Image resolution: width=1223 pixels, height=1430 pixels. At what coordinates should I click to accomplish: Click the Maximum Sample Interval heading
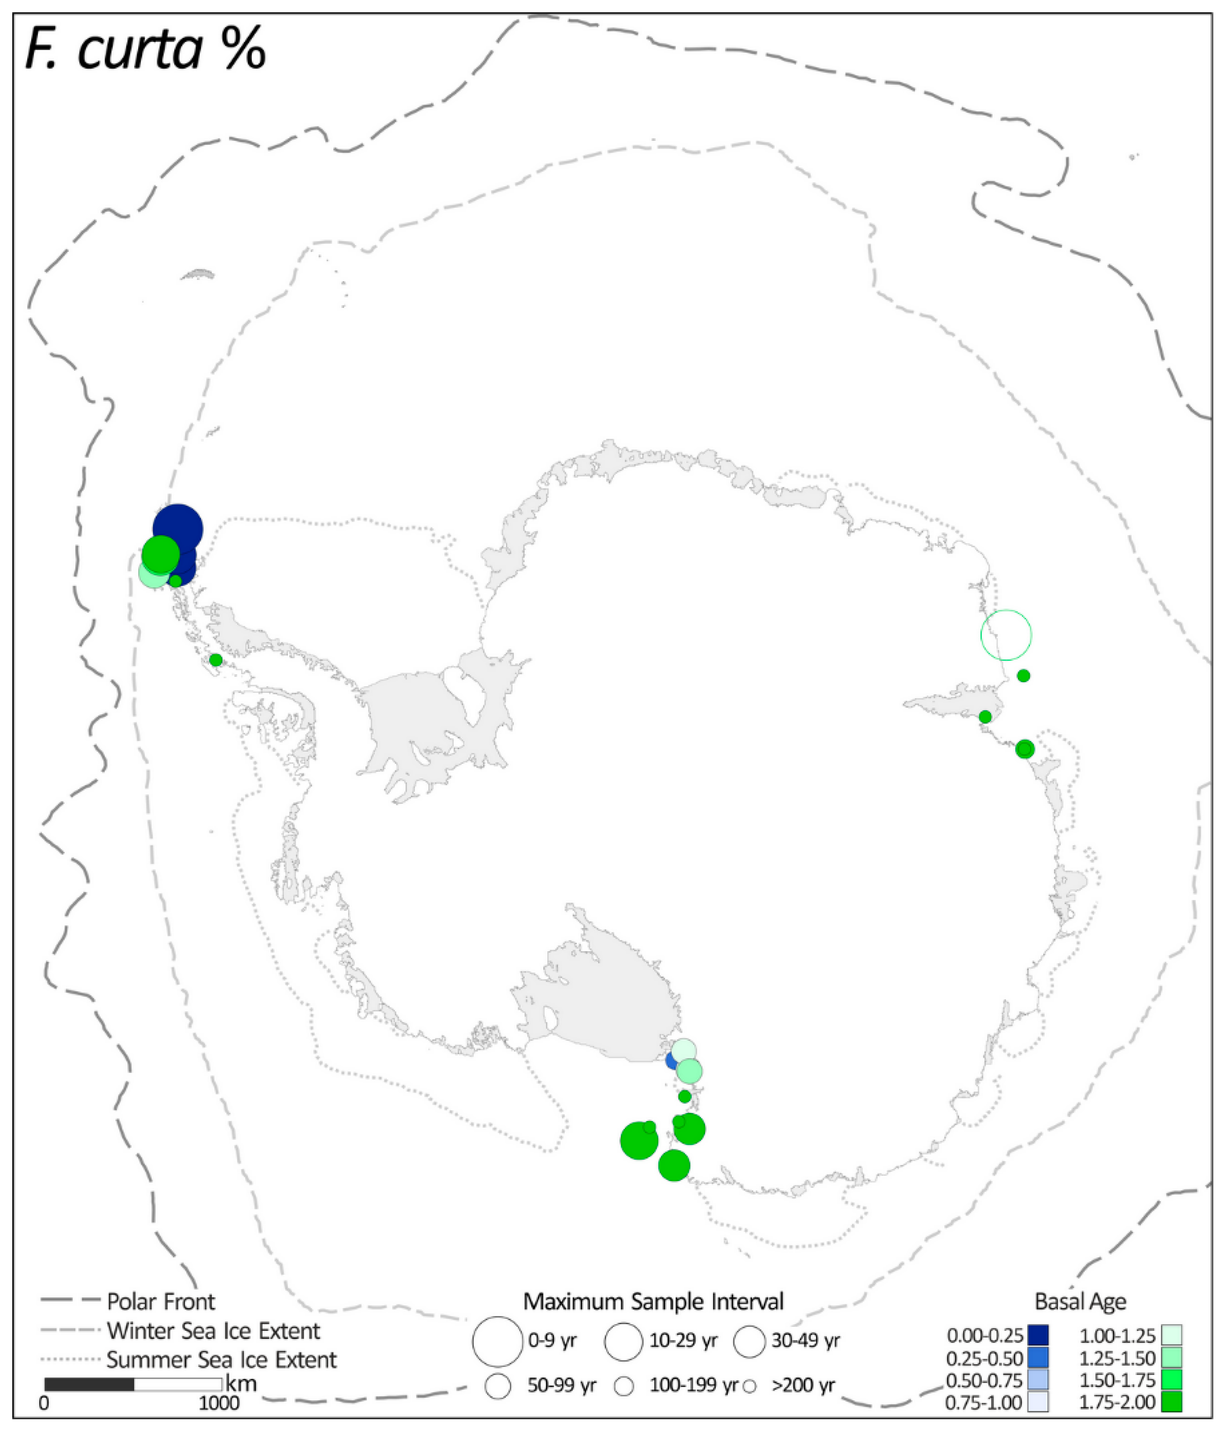point(653,1301)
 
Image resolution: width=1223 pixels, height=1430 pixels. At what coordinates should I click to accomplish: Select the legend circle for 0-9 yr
point(497,1342)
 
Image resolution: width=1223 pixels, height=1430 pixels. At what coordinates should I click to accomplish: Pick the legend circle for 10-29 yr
point(623,1342)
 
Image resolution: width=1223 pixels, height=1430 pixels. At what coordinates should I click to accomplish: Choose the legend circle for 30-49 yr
point(750,1342)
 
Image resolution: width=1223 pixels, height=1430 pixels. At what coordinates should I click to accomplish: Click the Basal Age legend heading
point(1080,1301)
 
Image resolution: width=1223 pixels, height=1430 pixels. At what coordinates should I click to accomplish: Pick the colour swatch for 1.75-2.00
point(1171,1402)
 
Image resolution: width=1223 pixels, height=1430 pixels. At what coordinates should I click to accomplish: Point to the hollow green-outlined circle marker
point(1006,635)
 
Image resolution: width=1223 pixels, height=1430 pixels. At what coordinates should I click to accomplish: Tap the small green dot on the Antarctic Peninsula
point(216,660)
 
